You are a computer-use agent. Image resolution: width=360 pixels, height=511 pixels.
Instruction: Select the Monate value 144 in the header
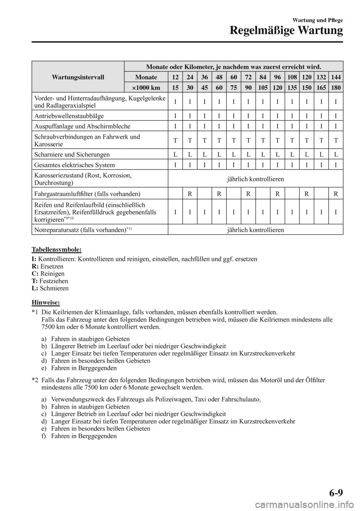click(x=336, y=77)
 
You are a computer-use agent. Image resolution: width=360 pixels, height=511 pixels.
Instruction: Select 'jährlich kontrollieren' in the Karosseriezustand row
click(x=255, y=179)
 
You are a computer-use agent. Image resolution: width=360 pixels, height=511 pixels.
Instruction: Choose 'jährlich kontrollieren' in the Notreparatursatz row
click(x=255, y=229)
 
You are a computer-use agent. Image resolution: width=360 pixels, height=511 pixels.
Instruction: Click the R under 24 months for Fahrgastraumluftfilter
click(x=190, y=194)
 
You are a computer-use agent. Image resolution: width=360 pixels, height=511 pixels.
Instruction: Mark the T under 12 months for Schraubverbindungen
click(x=175, y=141)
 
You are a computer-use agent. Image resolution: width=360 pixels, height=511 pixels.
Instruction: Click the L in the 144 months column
click(x=336, y=154)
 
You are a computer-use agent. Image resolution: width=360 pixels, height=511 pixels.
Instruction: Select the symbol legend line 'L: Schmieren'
click(x=50, y=289)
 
